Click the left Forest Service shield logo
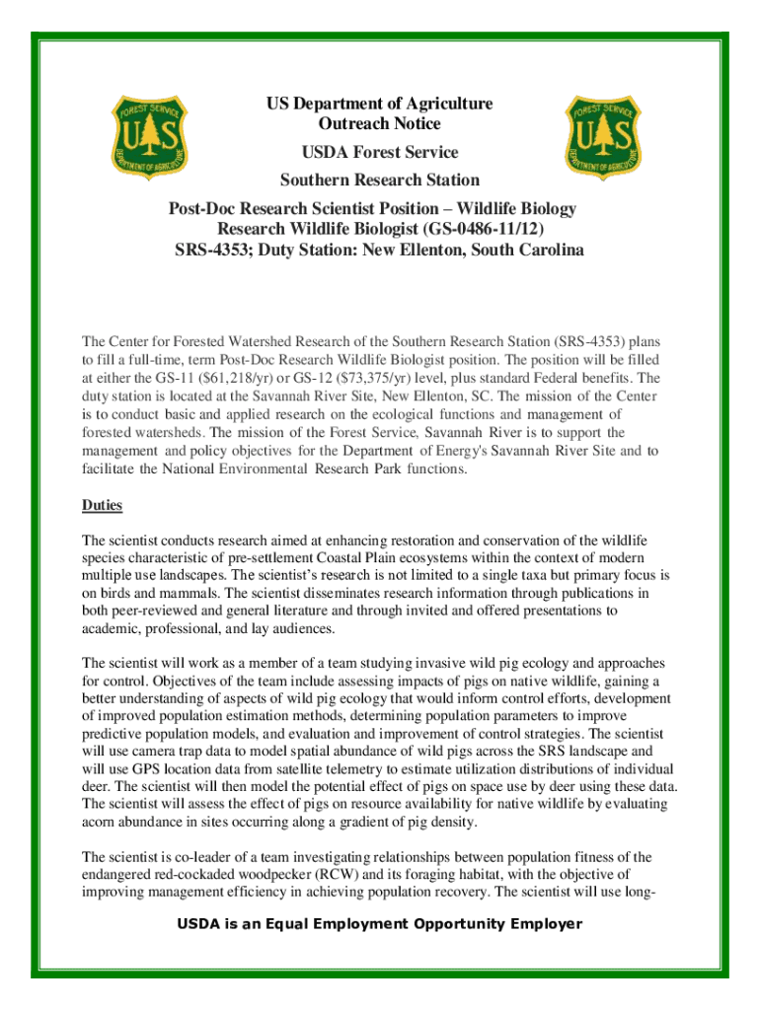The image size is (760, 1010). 147,137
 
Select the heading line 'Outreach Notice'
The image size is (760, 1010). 379,124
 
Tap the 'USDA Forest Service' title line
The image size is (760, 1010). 379,152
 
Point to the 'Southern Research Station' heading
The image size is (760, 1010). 379,180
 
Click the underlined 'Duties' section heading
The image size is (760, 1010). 102,505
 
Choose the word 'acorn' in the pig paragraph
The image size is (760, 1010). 100,822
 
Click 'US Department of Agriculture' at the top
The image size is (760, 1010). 379,104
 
